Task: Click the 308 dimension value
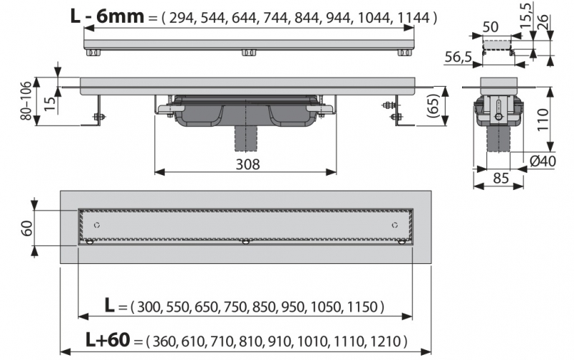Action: pyautogui.click(x=248, y=165)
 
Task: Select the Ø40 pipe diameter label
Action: pyautogui.click(x=543, y=161)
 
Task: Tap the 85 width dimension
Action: pyautogui.click(x=501, y=178)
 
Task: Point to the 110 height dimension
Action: pyautogui.click(x=543, y=119)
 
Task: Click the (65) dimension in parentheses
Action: pyautogui.click(x=433, y=105)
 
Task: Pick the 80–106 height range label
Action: pyautogui.click(x=27, y=101)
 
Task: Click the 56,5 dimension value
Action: pyautogui.click(x=458, y=57)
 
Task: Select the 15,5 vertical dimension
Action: pyautogui.click(x=526, y=16)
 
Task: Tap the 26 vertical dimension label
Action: pyautogui.click(x=542, y=22)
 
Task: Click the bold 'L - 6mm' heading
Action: pyautogui.click(x=107, y=16)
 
